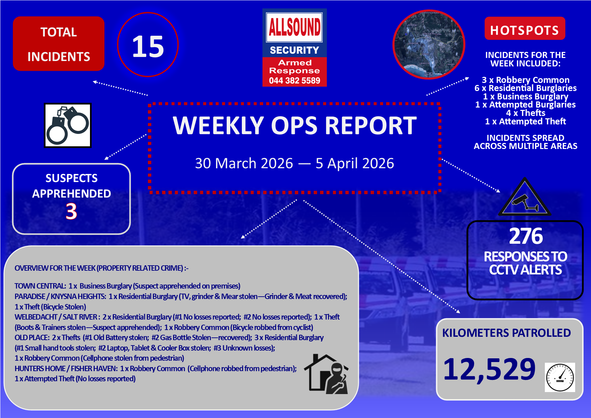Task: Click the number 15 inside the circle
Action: (x=148, y=47)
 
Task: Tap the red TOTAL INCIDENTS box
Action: (x=59, y=44)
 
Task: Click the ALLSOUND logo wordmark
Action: (x=294, y=27)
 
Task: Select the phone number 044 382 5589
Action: (x=294, y=81)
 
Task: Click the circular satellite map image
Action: (x=429, y=44)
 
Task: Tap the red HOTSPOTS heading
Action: (x=525, y=30)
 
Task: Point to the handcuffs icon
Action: (x=68, y=125)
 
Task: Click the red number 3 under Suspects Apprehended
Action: (x=71, y=211)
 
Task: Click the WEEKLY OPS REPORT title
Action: (x=295, y=125)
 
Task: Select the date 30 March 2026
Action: (x=244, y=163)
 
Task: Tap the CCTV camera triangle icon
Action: (x=524, y=197)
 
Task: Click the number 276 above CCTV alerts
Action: (x=526, y=236)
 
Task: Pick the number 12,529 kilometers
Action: (x=489, y=369)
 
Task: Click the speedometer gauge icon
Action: (x=560, y=377)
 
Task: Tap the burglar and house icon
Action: (x=326, y=374)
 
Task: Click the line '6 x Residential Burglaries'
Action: (x=526, y=88)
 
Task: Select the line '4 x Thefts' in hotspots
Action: (x=526, y=113)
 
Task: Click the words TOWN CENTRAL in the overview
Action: (x=40, y=286)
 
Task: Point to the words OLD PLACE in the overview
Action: (x=32, y=337)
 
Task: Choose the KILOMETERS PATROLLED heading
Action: (x=506, y=333)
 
